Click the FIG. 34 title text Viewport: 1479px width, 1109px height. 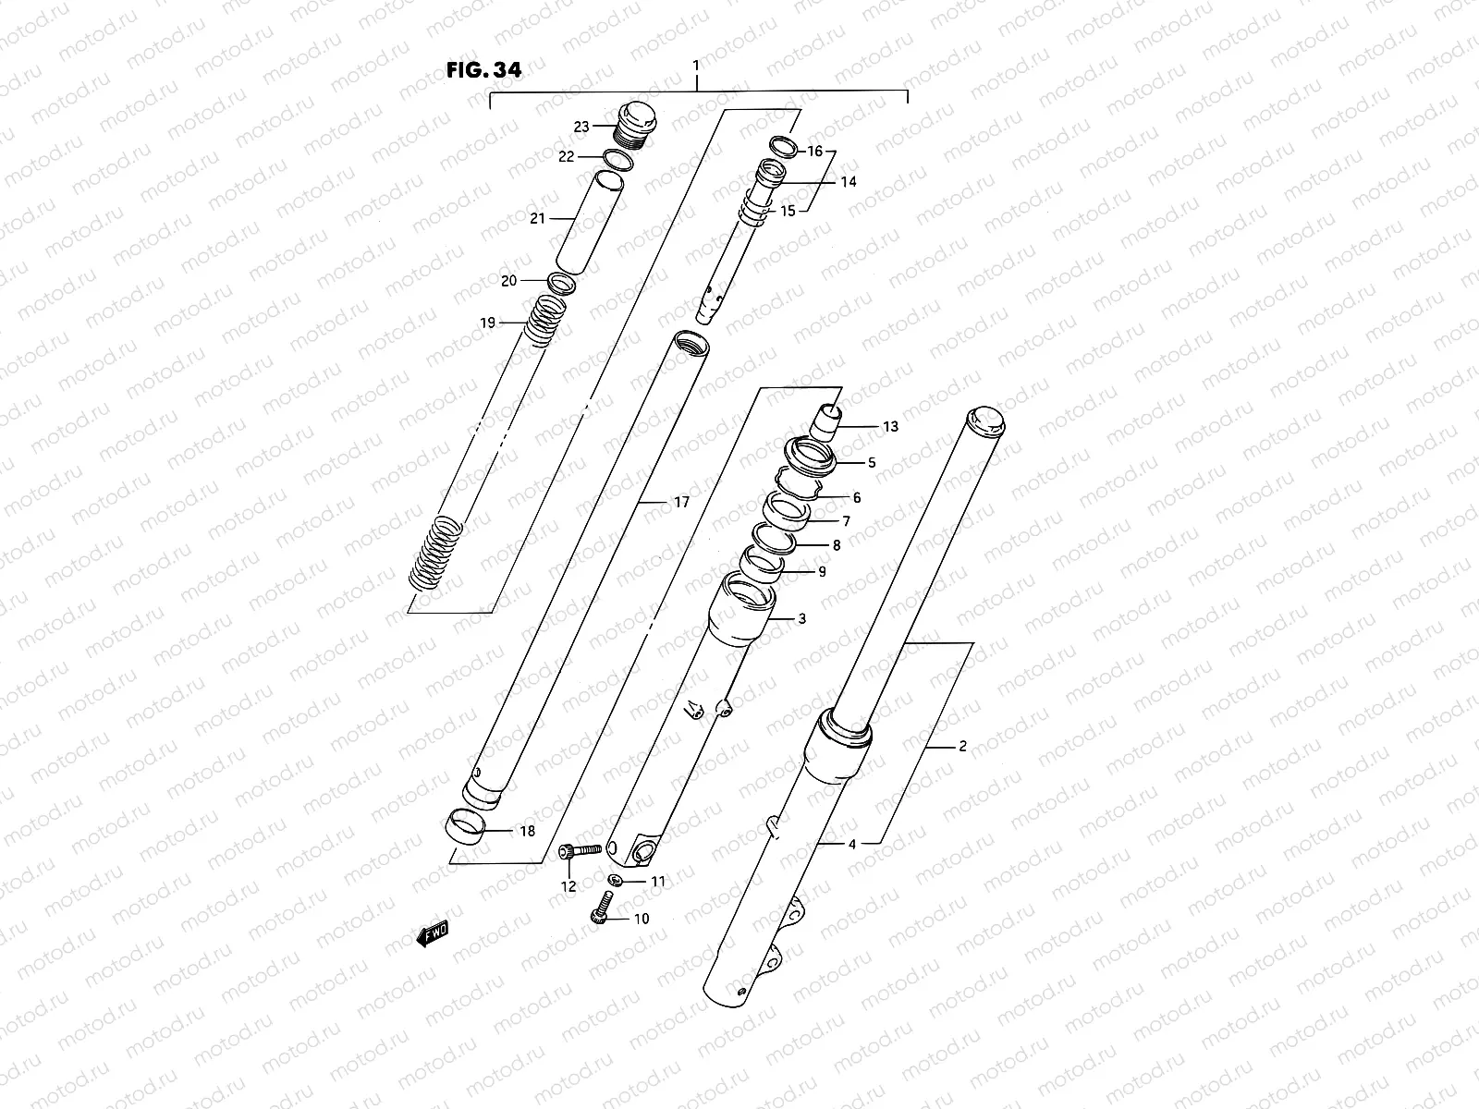483,70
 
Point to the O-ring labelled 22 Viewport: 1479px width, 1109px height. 618,158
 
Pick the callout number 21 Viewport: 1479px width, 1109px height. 537,219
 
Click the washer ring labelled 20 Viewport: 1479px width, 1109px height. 562,281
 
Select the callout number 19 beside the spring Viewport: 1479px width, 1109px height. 487,323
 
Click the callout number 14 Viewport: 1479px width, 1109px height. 848,182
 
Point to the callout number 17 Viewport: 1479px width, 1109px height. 681,503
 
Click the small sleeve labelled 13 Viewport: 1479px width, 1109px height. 828,421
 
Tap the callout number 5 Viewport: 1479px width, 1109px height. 871,463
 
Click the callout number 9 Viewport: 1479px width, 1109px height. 822,571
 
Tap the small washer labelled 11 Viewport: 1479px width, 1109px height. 616,881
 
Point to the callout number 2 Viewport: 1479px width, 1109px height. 962,746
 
